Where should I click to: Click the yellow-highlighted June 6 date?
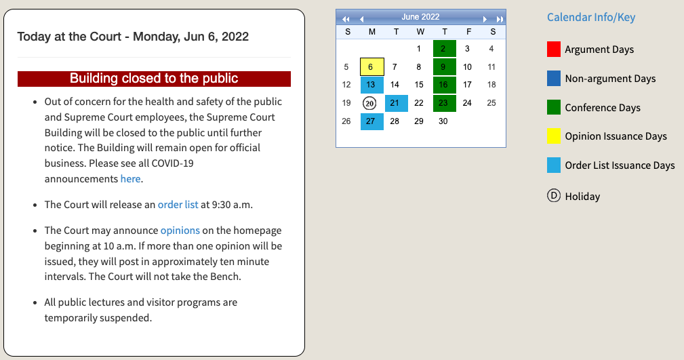[372, 66]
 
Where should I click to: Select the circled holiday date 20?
[369, 103]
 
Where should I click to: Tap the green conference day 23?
[445, 103]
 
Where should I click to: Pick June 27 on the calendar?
[372, 121]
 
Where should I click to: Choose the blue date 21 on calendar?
[397, 103]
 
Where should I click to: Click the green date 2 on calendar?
[445, 48]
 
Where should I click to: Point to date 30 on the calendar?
[443, 121]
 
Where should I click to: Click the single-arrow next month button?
[485, 19]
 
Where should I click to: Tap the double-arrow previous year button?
[346, 19]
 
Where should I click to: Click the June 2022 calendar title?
[420, 17]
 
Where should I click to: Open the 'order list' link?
[178, 205]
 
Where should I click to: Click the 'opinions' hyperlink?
[180, 231]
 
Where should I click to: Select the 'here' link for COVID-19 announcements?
[130, 179]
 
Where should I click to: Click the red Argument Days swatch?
[554, 49]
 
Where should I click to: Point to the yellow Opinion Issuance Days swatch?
[554, 136]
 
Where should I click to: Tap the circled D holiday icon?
[554, 195]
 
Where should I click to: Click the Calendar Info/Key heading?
[591, 18]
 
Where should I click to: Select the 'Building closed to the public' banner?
[154, 79]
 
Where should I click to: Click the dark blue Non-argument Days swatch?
[554, 78]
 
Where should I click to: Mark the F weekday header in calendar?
[468, 31]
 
